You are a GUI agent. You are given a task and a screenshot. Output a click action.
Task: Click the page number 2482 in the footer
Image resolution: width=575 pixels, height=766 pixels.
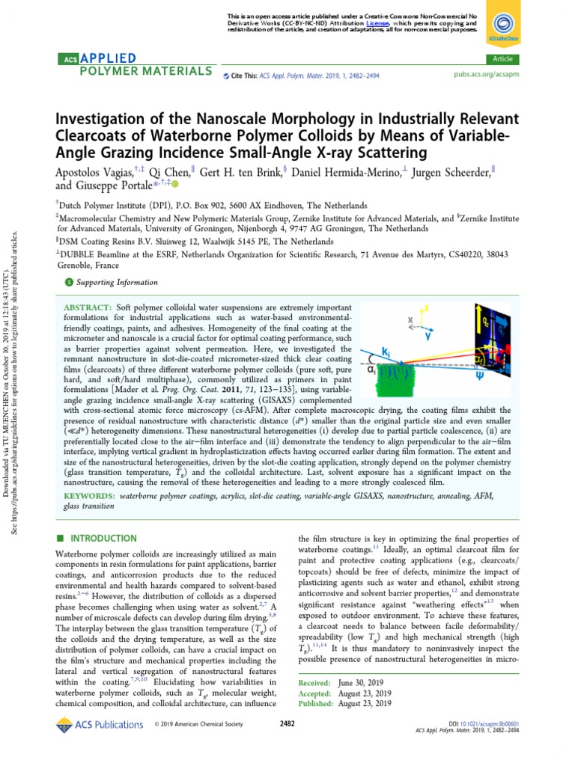287,724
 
